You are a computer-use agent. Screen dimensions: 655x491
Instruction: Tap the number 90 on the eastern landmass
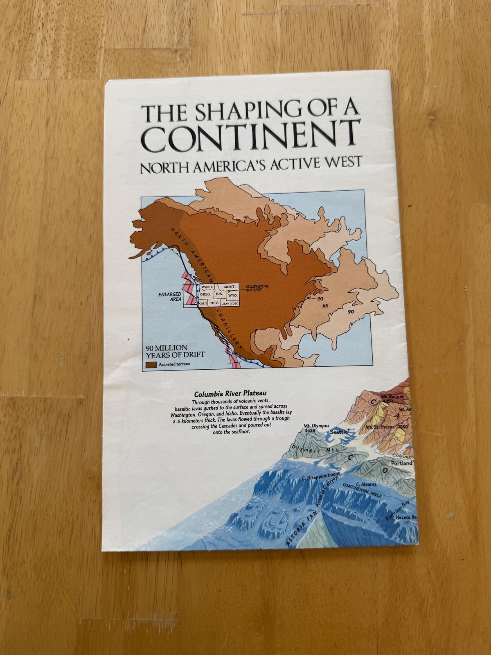click(x=351, y=312)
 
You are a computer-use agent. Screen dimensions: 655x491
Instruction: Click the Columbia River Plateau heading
click(x=231, y=395)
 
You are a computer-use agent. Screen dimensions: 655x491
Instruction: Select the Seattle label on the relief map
click(x=339, y=432)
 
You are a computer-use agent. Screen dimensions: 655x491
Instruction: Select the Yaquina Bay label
click(x=396, y=509)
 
